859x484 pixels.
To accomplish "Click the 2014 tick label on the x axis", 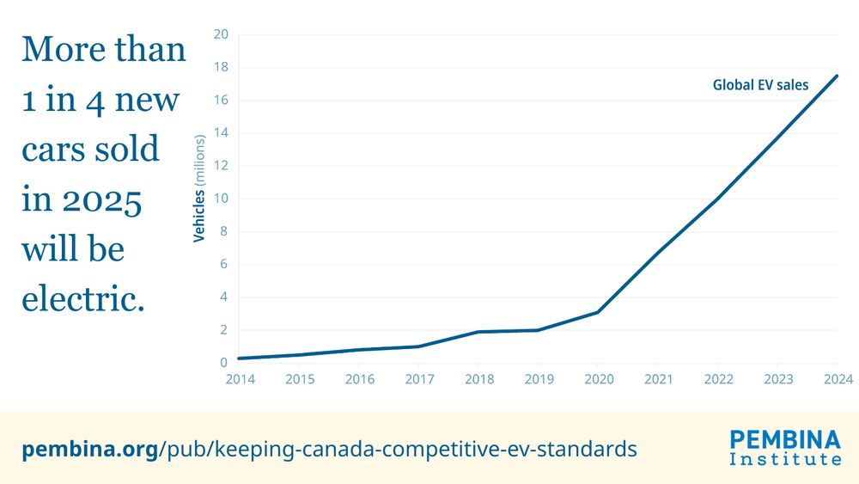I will coord(239,379).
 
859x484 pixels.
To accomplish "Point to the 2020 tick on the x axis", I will coord(597,379).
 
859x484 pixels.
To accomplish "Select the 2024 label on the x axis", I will coord(837,379).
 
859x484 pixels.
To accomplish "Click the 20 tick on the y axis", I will coord(221,34).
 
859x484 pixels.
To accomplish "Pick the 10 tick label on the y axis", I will coord(221,199).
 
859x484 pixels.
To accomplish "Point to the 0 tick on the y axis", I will coord(224,363).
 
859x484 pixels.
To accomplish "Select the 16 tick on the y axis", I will coord(221,101).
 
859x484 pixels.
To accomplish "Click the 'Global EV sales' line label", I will coord(760,85).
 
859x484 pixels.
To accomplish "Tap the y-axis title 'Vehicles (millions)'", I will coord(199,188).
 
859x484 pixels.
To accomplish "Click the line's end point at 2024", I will coord(837,76).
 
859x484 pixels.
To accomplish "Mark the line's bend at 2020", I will coord(597,312).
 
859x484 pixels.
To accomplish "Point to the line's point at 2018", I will coord(478,332).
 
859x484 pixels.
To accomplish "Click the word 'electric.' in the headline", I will coord(82,299).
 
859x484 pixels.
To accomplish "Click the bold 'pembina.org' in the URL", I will coord(88,448).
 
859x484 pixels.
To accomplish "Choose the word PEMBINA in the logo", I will coord(785,440).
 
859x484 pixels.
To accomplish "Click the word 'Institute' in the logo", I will coord(785,460).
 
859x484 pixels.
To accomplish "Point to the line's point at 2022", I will coord(717,199).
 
